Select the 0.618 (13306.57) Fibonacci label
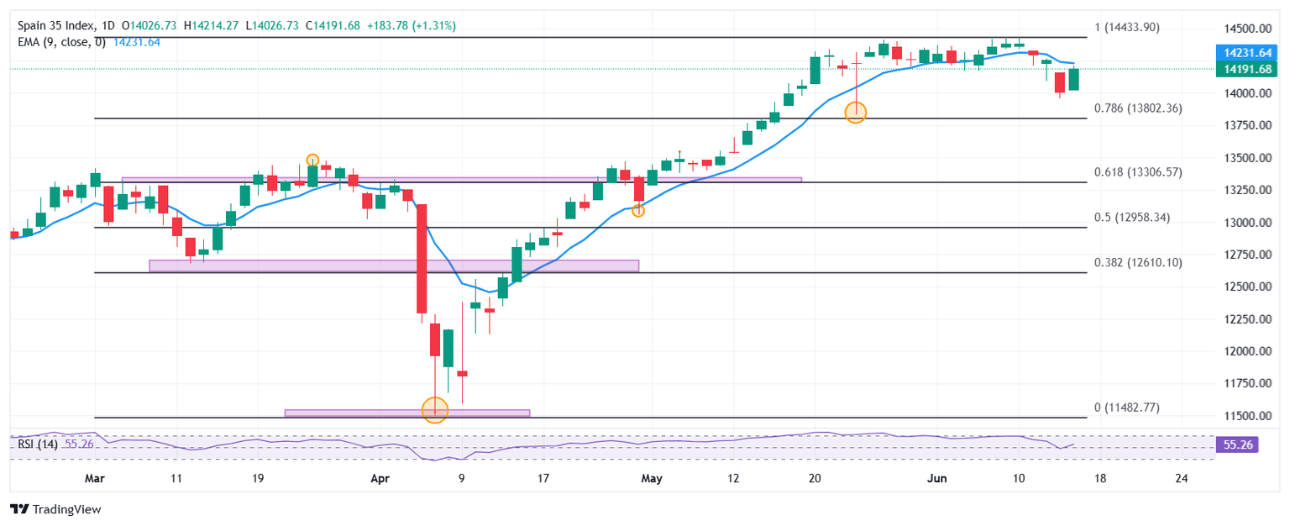(x=1138, y=172)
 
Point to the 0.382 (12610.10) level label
(x=1138, y=263)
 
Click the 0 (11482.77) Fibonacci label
(x=1126, y=408)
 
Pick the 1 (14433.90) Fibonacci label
(x=1126, y=28)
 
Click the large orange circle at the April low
(x=434, y=410)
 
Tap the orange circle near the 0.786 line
(x=855, y=112)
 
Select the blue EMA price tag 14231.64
(x=1239, y=52)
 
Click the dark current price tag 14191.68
(x=1239, y=69)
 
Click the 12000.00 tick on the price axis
(x=1239, y=351)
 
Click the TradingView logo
(x=55, y=509)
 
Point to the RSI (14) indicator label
(x=38, y=444)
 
